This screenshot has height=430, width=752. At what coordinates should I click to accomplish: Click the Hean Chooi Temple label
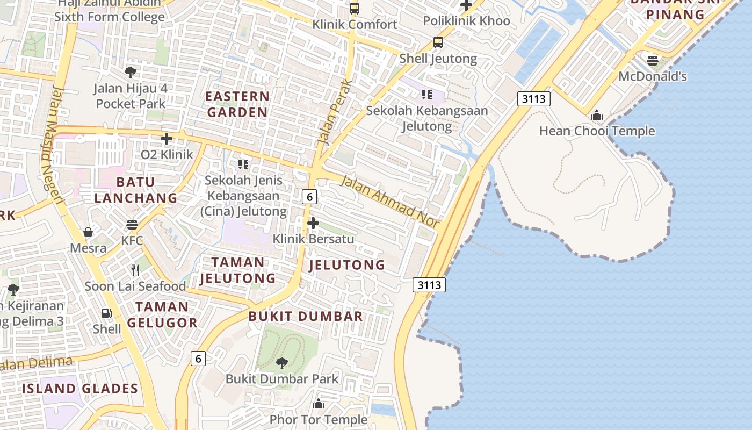click(x=597, y=131)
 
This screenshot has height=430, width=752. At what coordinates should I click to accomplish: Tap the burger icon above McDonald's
click(x=653, y=60)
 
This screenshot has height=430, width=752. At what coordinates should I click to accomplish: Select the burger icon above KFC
click(x=132, y=224)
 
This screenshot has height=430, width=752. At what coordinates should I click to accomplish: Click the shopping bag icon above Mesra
click(x=88, y=232)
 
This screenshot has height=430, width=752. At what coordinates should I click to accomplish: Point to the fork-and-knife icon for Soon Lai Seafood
click(x=135, y=270)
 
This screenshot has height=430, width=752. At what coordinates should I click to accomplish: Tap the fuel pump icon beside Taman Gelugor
click(x=107, y=313)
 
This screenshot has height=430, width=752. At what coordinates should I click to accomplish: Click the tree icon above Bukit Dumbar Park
click(x=282, y=363)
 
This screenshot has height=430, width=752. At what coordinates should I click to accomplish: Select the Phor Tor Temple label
click(x=319, y=419)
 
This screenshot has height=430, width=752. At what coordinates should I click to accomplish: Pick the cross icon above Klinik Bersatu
click(x=313, y=223)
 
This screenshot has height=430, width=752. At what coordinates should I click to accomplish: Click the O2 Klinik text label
click(x=167, y=155)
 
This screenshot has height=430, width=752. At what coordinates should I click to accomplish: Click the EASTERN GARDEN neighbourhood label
click(x=237, y=104)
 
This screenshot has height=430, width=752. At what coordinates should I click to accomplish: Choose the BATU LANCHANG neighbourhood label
click(x=135, y=190)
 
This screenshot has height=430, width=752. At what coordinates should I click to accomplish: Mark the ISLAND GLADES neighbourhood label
click(x=80, y=388)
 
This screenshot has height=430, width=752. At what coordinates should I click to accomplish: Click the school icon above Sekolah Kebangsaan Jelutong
click(x=427, y=95)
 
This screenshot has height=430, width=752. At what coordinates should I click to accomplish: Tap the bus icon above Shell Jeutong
click(x=438, y=42)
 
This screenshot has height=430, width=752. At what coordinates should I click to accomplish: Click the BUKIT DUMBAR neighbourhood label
click(x=306, y=316)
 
